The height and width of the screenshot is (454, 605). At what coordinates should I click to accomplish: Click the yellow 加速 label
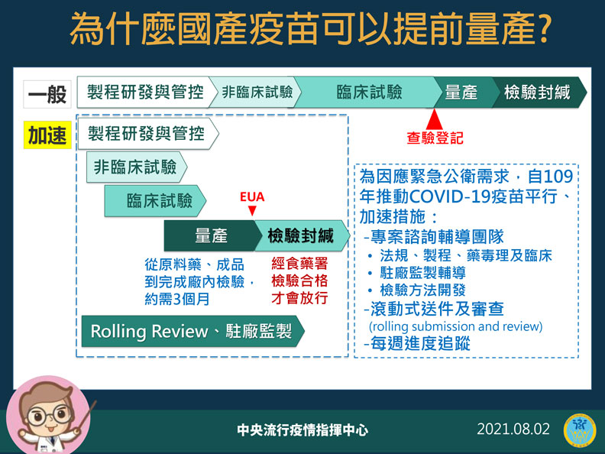point(47,135)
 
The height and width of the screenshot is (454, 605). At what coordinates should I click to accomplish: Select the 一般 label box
point(47,93)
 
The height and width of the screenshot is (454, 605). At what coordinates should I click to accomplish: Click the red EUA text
point(252,196)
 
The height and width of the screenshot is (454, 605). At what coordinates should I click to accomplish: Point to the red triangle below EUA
point(252,211)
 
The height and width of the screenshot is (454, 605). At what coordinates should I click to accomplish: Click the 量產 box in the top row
point(461,93)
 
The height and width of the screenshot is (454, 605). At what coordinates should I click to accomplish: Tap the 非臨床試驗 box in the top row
point(257,93)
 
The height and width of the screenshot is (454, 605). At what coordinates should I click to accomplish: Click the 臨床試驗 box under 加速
point(157,202)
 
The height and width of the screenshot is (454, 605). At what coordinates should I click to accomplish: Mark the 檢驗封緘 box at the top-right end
point(538,93)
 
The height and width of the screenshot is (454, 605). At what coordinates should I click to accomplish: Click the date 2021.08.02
point(513,429)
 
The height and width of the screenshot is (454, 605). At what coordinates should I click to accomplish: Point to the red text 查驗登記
point(434,138)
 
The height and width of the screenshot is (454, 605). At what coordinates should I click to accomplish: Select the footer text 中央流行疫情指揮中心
point(302,430)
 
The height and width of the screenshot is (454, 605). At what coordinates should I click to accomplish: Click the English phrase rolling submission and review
point(455,327)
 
